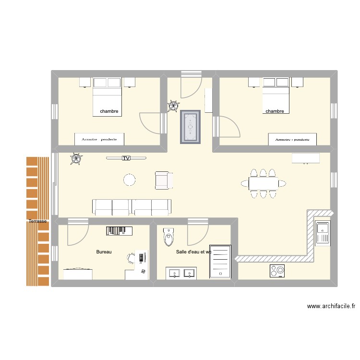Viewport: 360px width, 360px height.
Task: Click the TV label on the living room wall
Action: point(126,158)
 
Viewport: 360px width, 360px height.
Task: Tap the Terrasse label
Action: point(37,221)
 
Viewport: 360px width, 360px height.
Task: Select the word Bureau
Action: point(104,252)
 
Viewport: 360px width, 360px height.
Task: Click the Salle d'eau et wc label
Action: point(193,252)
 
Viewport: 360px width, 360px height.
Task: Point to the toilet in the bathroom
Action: point(168,237)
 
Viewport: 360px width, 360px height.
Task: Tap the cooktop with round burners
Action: point(277,271)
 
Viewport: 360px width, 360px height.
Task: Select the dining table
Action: point(264,183)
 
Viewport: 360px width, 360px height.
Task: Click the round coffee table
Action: point(130,180)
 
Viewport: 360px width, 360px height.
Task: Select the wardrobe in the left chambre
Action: point(99,139)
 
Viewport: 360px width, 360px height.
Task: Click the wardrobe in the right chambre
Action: point(292,139)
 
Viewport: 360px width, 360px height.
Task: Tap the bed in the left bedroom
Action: point(107,96)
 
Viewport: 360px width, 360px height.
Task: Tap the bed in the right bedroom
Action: point(276,96)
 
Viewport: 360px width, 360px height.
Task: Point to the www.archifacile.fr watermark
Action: point(331,306)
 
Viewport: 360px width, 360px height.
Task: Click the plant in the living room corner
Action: point(76,158)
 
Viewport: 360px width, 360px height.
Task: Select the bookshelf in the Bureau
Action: point(119,231)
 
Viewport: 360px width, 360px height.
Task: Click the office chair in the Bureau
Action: point(132,258)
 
